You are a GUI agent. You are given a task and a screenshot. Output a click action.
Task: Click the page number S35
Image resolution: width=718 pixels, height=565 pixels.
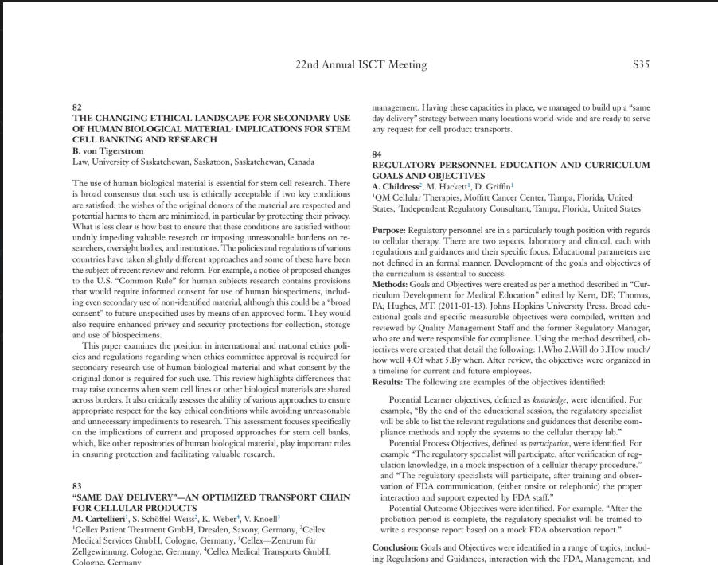640,64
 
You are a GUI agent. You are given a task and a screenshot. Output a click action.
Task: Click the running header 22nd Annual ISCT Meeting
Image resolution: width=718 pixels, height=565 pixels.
349,64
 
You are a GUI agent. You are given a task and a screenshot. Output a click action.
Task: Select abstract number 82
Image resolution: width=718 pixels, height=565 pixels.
77,107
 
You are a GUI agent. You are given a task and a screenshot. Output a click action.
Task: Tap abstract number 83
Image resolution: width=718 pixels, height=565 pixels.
77,485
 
